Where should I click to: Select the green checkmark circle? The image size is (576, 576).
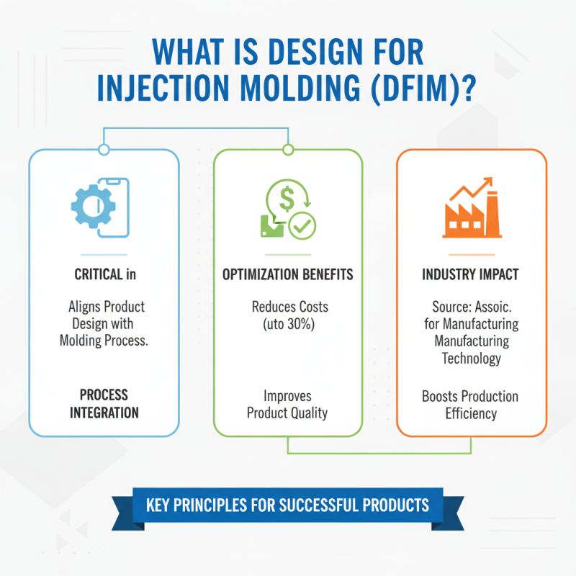301,227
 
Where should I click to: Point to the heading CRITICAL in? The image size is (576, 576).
104,274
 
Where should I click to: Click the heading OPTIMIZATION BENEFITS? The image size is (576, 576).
287,274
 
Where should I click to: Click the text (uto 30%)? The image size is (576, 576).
288,323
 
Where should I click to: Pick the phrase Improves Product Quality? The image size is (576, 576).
287,403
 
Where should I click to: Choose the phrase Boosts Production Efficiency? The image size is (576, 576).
470,405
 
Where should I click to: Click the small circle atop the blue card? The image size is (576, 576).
104,150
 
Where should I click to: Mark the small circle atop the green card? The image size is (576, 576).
288,150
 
